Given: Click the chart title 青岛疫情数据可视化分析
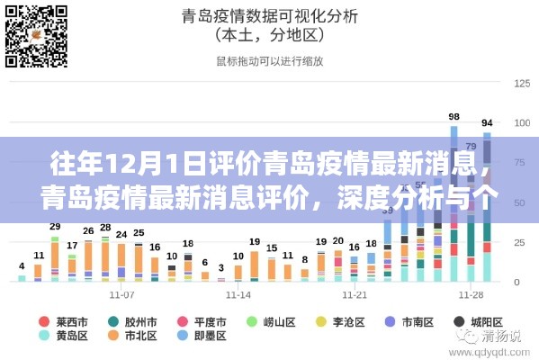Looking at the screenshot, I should click(x=270, y=15).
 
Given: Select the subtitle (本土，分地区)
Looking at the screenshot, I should click(x=270, y=36).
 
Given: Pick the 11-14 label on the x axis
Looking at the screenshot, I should click(x=239, y=295).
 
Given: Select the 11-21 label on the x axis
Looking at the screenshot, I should click(x=354, y=295).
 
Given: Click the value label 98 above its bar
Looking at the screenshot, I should click(x=454, y=116).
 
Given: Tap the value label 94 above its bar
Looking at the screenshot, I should click(x=487, y=122).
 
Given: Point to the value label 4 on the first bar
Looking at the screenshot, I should click(x=22, y=266).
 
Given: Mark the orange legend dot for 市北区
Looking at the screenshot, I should click(x=113, y=337).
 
